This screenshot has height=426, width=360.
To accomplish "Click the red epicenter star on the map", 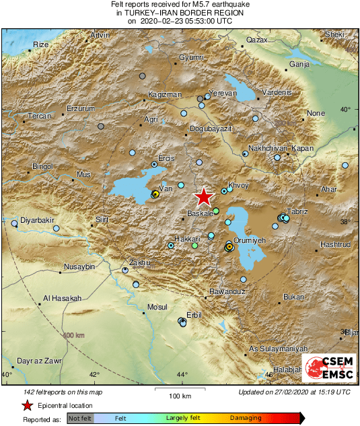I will [x=203, y=197].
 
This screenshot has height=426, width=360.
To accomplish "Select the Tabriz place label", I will [x=297, y=211].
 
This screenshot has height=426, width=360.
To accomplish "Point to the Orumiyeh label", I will [x=249, y=240].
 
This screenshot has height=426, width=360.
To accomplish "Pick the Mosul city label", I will [x=157, y=307].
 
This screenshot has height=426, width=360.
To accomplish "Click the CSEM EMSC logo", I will [x=328, y=367].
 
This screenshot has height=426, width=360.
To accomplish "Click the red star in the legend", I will [x=27, y=405].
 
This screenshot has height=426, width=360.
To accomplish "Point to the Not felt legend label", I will [x=79, y=418].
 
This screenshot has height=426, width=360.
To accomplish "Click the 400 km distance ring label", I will [x=74, y=334].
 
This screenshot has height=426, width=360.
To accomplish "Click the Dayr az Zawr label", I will [x=40, y=361].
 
